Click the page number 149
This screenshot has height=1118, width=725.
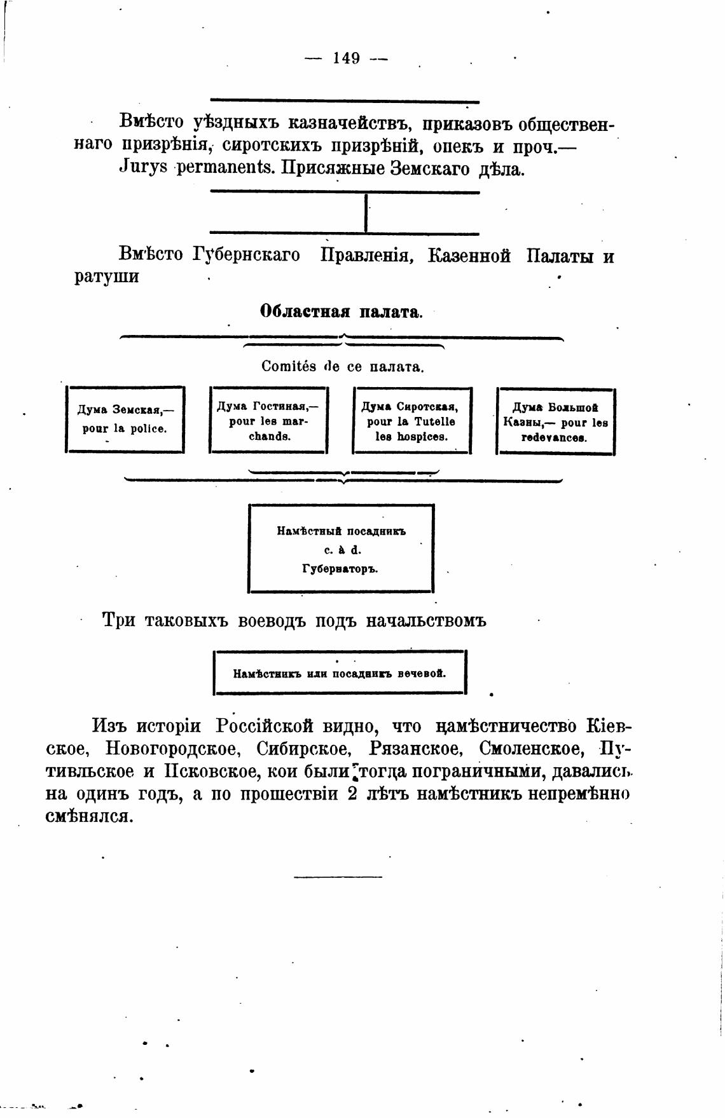pos(347,58)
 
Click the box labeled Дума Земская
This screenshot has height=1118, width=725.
pos(125,419)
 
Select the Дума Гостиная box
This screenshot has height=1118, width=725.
pos(268,421)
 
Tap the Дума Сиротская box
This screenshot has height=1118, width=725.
pos(411,421)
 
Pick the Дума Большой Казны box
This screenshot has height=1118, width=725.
pos(555,421)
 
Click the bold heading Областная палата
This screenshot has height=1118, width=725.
pos(340,312)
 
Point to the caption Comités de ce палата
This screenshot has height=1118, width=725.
pos(342,367)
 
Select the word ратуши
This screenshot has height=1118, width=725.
pos(106,278)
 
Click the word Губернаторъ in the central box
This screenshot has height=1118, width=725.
pos(340,569)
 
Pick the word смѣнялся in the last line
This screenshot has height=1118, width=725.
pos(89,817)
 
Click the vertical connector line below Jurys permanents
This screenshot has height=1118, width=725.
pos(366,213)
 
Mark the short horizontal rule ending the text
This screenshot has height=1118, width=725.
pos(338,878)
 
